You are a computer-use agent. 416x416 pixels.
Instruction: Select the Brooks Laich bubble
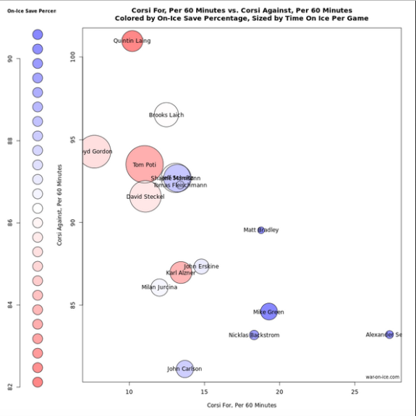coord(166,115)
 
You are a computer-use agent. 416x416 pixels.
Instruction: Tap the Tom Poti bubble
coord(145,165)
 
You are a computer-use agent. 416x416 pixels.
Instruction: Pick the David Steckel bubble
coord(145,197)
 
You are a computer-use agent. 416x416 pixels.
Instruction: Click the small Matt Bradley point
coord(261,230)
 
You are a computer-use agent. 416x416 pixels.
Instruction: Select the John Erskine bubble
coord(201,266)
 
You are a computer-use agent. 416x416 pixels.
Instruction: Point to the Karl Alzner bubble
coord(181,273)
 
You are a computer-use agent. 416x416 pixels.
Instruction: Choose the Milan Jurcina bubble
coord(159,287)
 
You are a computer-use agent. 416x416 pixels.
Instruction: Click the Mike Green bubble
coord(268,312)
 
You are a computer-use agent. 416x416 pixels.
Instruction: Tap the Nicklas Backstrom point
coord(254,335)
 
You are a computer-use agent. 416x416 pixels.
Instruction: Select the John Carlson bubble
coord(184,369)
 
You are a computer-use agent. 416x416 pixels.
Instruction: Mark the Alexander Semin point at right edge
coord(389,334)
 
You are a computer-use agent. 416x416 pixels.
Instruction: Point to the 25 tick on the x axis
coord(355,391)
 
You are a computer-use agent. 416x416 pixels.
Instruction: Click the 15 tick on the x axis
coord(205,391)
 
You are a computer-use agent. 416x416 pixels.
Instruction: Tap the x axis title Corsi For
coord(242,404)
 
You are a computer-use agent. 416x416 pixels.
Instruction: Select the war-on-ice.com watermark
coord(382,377)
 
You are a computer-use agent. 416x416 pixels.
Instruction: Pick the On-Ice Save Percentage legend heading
coord(31,11)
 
